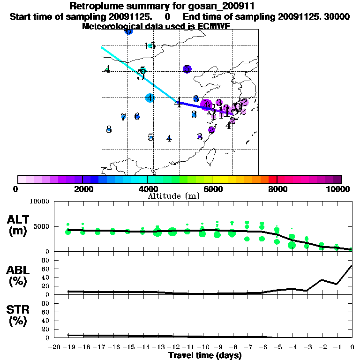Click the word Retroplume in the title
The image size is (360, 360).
[x=93, y=6]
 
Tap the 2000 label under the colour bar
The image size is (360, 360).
[x=82, y=189]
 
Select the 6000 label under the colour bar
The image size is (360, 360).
[x=212, y=189]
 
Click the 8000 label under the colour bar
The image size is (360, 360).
[x=277, y=189]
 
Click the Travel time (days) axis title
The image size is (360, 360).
[x=204, y=355]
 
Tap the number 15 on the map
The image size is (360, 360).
[x=150, y=46]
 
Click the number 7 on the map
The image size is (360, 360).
[x=123, y=117]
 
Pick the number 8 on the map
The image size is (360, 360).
[x=109, y=129]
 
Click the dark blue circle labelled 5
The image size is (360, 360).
[x=187, y=69]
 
